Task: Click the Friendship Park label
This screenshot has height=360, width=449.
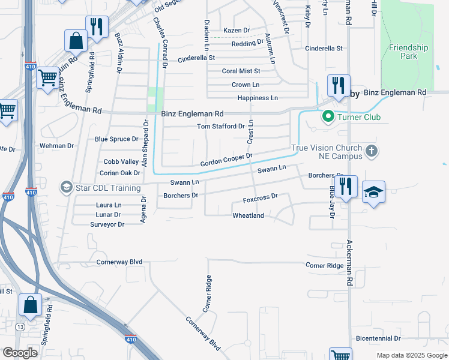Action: pos(408,52)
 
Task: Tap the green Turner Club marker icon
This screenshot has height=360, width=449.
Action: pos(328,117)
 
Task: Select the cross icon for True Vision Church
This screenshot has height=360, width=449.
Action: pos(372,151)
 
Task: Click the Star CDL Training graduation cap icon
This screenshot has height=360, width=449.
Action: pos(66,188)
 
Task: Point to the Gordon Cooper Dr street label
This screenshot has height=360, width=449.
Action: pos(226,160)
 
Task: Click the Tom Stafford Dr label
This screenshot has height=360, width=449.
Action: pos(221,127)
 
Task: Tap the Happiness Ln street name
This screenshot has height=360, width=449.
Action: pos(258,98)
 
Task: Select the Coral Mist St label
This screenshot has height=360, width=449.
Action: pos(241,71)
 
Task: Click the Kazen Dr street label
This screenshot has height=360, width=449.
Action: pos(236,30)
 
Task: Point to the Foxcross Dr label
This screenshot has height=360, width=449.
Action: pos(261,197)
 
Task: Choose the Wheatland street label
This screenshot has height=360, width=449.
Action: pos(248,215)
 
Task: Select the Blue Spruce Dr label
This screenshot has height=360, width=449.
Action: pos(116,139)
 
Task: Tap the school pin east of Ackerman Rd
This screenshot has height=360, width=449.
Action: pos(373,192)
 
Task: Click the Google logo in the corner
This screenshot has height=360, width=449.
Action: pos(20,353)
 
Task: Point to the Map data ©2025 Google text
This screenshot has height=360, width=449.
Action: pos(411,355)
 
